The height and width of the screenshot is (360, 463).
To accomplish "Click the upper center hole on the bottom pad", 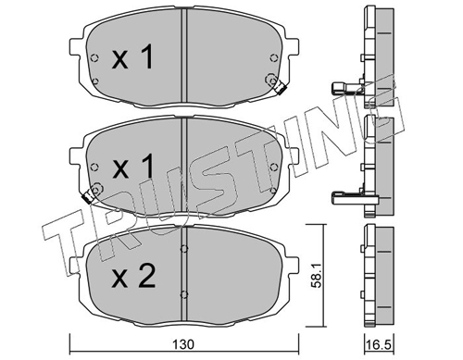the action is point(184,248).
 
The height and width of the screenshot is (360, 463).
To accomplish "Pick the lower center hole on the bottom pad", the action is point(184,294).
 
